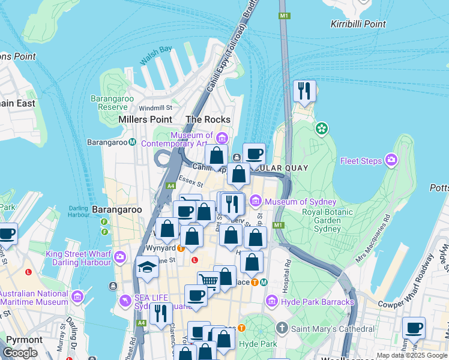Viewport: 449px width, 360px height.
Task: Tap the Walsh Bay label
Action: [155, 56]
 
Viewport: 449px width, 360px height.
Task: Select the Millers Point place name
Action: [145, 119]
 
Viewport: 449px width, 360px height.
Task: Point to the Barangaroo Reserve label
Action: [109, 103]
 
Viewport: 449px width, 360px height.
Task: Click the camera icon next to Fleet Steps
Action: [391, 160]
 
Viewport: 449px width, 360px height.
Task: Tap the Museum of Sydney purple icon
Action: [256, 200]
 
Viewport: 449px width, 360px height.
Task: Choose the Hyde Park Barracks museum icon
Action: [271, 301]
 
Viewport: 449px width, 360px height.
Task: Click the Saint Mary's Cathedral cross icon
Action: [282, 328]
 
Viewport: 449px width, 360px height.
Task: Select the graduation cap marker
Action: [147, 267]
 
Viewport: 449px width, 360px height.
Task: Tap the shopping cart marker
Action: [208, 280]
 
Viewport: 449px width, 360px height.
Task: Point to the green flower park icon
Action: [322, 128]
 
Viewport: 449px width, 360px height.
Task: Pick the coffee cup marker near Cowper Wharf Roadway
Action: [414, 328]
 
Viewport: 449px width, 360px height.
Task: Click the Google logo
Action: [20, 353]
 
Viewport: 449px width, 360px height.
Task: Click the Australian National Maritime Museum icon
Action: [77, 296]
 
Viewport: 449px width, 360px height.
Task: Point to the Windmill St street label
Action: [155, 108]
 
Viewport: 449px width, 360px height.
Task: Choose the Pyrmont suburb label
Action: [24, 340]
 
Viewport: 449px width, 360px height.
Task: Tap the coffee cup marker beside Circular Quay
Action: [254, 154]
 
